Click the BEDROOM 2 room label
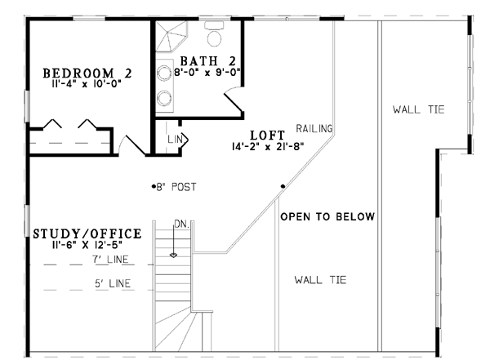coord(87,73)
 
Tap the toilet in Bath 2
coord(214,33)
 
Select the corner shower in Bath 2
coord(171,36)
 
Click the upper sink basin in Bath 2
coord(164,73)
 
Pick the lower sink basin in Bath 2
coord(164,98)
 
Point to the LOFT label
coord(268,136)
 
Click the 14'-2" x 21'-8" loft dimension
coord(268,146)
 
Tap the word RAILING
coord(314,128)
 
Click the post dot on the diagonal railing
coord(283,186)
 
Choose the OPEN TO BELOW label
coord(327,216)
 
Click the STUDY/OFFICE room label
coord(87,233)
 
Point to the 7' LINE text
coord(110,260)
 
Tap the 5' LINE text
coord(113,283)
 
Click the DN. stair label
coord(181,224)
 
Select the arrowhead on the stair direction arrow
coord(173,255)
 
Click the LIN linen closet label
coord(175,140)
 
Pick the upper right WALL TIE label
coord(418,109)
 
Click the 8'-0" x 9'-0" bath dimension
coord(207,73)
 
